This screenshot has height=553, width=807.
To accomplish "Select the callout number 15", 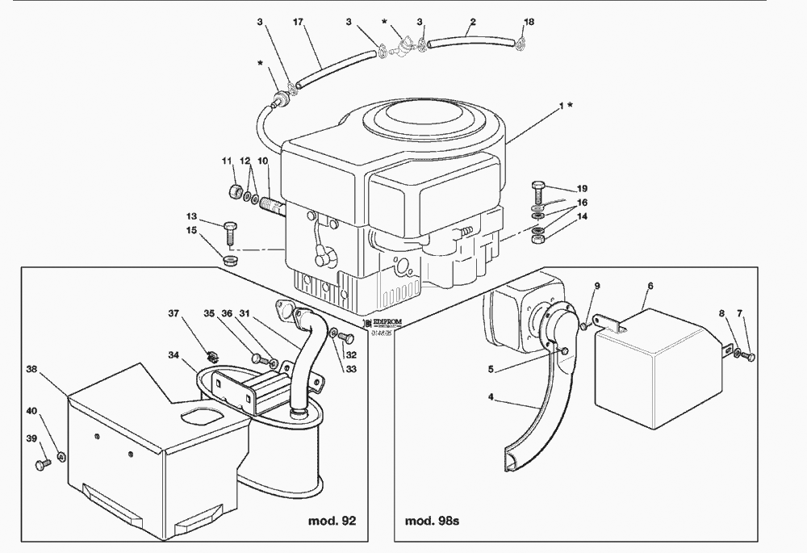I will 191,232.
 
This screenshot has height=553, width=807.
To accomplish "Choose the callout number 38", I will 31,368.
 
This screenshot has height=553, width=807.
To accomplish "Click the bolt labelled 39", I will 41,463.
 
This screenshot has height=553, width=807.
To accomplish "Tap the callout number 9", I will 597,286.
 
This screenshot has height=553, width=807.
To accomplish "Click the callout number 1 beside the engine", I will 559,106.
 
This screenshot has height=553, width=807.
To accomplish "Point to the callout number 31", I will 245,314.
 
